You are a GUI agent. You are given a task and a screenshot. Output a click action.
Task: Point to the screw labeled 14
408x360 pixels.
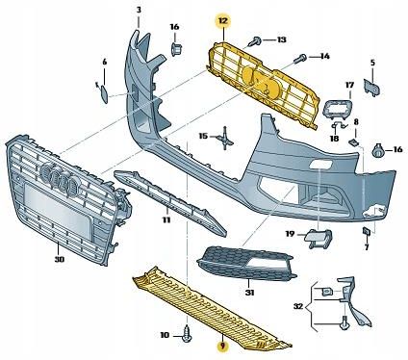click(x=301, y=58)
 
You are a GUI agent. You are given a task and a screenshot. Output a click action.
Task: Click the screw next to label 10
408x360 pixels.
click(x=189, y=336)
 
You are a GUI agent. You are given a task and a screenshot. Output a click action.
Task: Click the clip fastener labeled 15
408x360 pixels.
click(x=224, y=137)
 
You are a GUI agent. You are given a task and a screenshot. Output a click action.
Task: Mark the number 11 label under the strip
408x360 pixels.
click(x=166, y=220)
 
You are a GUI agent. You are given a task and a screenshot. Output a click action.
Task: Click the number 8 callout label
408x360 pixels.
click(x=355, y=122)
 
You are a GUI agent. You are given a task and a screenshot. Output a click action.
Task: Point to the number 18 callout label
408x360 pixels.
click(x=334, y=139)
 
